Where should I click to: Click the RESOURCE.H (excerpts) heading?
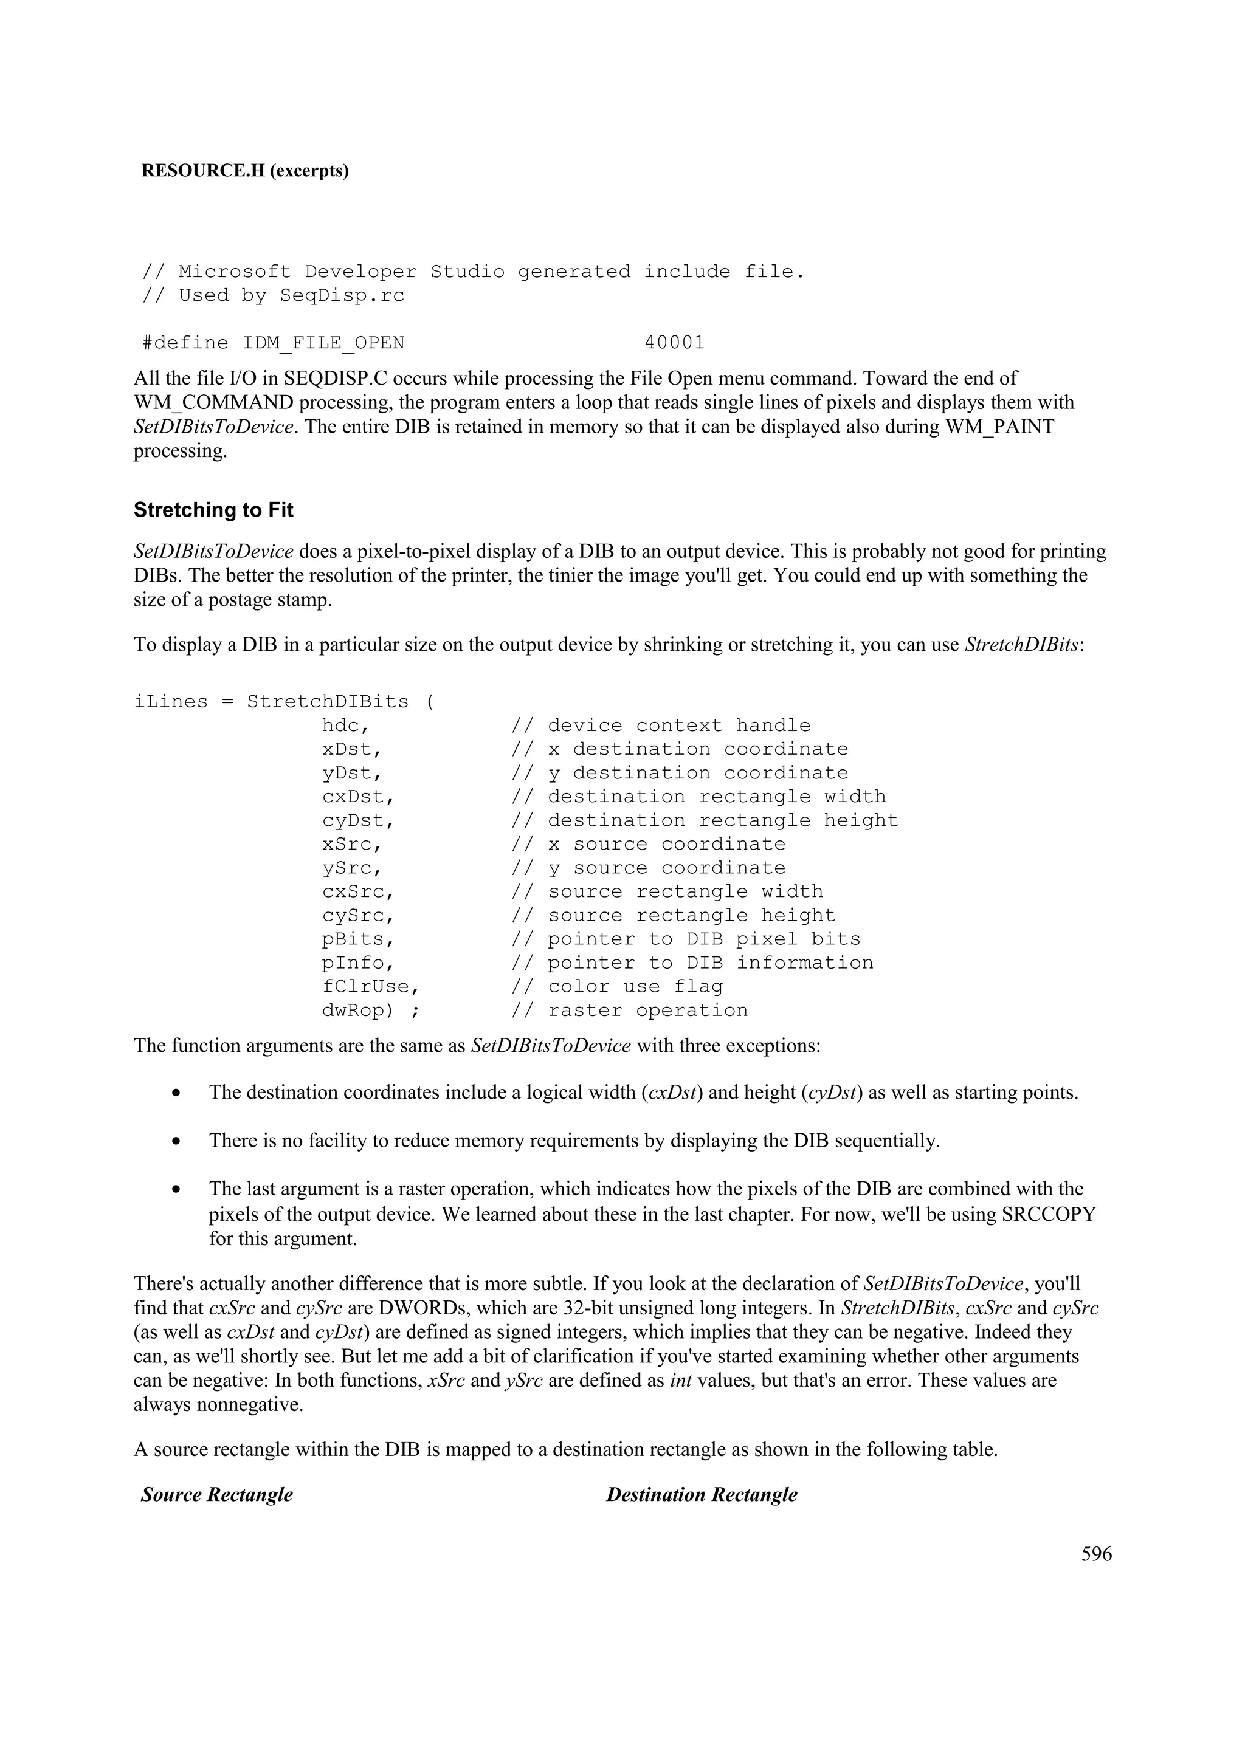coord(245,170)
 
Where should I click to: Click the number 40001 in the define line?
coord(674,343)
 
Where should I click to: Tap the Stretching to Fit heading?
coord(213,510)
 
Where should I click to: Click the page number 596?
coord(1096,1554)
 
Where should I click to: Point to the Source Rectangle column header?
coord(216,1494)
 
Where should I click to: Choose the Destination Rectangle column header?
coord(701,1494)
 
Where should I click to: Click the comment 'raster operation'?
coord(647,1010)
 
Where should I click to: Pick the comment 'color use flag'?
coord(635,986)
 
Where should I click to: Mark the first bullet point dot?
coord(177,1093)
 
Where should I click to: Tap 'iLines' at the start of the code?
coord(170,702)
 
